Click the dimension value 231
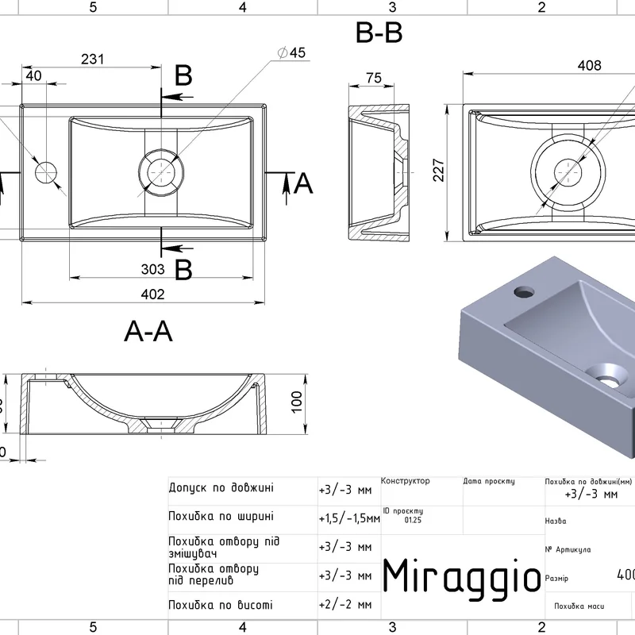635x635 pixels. click(93, 59)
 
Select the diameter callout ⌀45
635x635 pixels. click(291, 52)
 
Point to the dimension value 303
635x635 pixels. click(152, 269)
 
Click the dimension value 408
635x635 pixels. click(588, 66)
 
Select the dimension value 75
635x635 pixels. click(374, 77)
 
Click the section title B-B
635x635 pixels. click(379, 33)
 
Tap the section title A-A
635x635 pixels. click(148, 331)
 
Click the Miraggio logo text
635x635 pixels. click(462, 575)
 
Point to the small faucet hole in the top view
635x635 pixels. click(47, 171)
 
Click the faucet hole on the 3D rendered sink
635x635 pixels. click(524, 291)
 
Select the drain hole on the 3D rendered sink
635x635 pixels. click(606, 372)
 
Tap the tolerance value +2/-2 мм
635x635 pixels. click(344, 605)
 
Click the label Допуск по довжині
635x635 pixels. click(221, 487)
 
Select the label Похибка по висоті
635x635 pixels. click(220, 605)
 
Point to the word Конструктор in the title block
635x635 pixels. click(406, 481)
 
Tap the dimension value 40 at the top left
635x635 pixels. click(33, 76)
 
